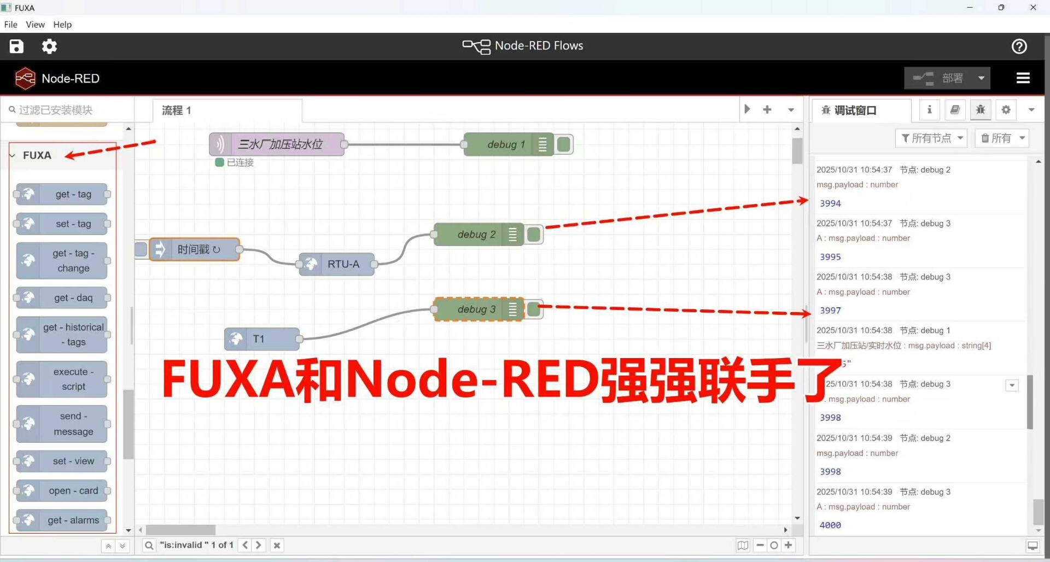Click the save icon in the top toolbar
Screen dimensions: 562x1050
coord(16,46)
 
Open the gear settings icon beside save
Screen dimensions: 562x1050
coord(49,46)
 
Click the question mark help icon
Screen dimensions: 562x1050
coord(1019,46)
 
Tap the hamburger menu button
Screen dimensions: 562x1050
coord(1023,78)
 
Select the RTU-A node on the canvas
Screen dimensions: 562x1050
coord(337,264)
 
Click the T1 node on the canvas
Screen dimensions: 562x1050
coord(262,339)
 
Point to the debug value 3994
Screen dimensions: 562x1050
coord(830,203)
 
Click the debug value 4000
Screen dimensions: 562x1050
coord(830,525)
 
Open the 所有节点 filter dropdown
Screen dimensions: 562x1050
coord(931,138)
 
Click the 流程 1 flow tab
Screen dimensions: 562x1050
coord(177,110)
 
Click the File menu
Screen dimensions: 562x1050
coord(10,25)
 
